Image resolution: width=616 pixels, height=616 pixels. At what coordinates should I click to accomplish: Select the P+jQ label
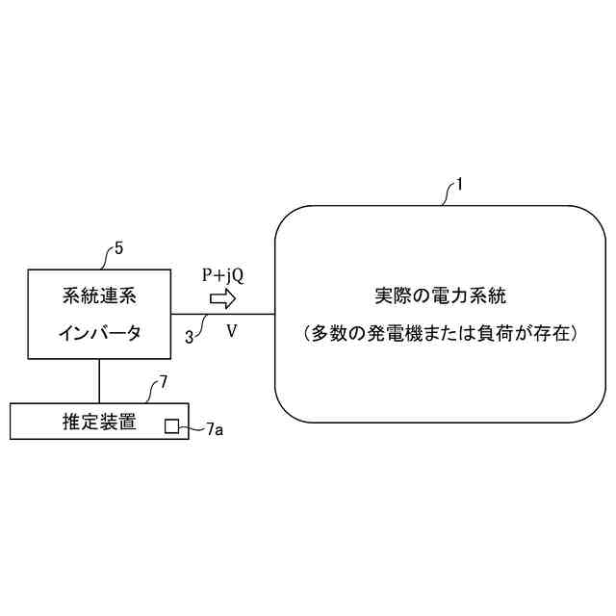[x=222, y=275]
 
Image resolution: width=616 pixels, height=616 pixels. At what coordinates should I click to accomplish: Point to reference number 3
[x=189, y=336]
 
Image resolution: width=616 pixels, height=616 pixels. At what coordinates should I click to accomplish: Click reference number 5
[x=118, y=247]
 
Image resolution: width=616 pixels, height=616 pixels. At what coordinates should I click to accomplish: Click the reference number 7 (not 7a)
[x=163, y=382]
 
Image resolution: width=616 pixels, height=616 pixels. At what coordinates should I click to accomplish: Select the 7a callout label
[x=215, y=429]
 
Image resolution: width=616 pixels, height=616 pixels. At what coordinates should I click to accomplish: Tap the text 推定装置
[x=98, y=422]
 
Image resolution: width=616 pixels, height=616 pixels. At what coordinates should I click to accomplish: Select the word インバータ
[x=99, y=333]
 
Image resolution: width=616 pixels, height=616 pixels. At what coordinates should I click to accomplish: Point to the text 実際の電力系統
[x=440, y=295]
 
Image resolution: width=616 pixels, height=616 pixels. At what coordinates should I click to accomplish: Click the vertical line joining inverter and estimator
[x=99, y=380]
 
